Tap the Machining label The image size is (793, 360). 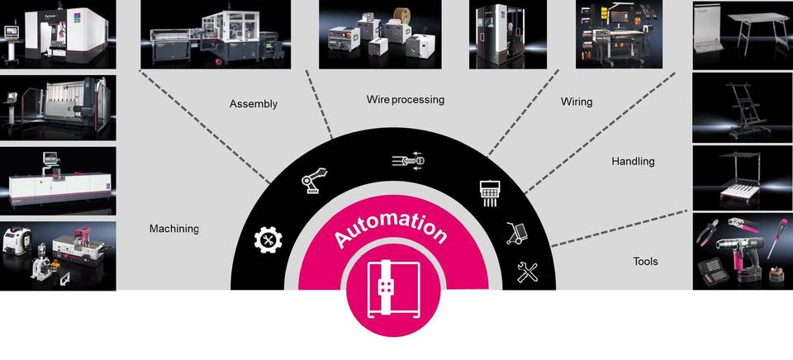point(173,229)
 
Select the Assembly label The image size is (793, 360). point(253,104)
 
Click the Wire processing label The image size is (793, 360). point(405,100)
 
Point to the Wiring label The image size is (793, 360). point(577,102)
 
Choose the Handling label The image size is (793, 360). point(633,161)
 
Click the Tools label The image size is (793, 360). point(645,262)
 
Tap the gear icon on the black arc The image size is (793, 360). point(268,240)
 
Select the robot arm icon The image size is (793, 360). point(313,180)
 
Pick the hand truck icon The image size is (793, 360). point(516,234)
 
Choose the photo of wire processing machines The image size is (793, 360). point(379,34)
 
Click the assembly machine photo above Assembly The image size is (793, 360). point(215,34)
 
